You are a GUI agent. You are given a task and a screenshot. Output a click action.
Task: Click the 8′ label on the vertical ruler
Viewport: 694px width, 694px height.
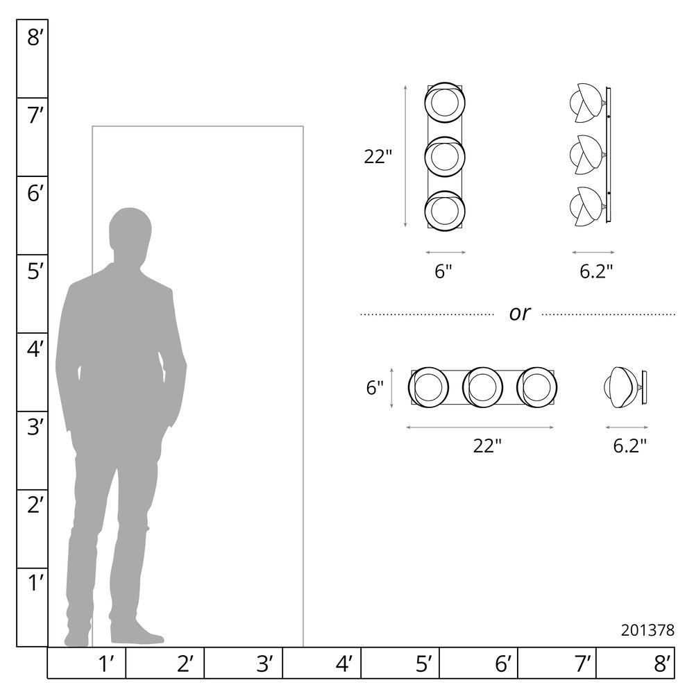point(35,37)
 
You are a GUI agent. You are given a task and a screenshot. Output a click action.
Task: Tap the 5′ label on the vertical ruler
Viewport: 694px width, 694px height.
point(35,271)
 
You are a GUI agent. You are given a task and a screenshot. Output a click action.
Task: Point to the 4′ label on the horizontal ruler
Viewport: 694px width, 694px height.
point(344,664)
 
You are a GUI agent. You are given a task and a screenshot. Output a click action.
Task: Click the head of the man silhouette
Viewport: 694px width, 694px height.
point(130,230)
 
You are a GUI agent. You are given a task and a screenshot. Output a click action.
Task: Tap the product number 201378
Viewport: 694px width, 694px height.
point(648,630)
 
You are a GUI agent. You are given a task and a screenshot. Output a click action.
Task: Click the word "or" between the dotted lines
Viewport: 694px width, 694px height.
point(519,314)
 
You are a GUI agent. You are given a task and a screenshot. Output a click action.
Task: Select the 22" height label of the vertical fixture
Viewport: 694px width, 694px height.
point(378,157)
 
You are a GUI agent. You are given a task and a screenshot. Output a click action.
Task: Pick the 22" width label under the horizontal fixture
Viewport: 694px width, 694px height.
point(487,446)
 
